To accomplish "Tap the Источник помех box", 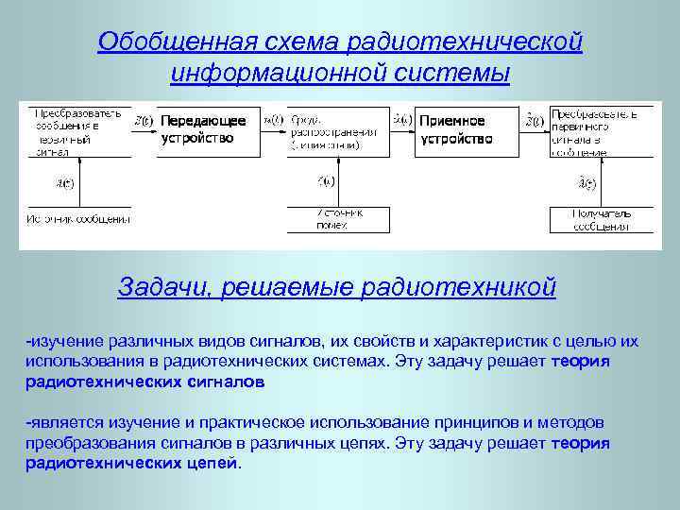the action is coord(338,219).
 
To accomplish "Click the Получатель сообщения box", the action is coord(589,219).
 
